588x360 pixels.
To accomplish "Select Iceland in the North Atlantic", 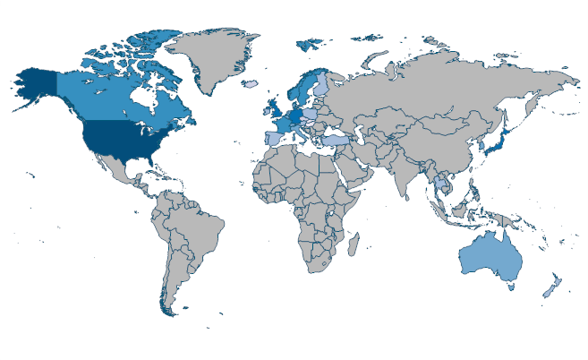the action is tap(250, 84).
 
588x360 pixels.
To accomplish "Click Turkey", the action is tap(335, 141).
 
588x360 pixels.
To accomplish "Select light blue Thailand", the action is tap(440, 184).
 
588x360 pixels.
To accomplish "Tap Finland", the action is tap(320, 85).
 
